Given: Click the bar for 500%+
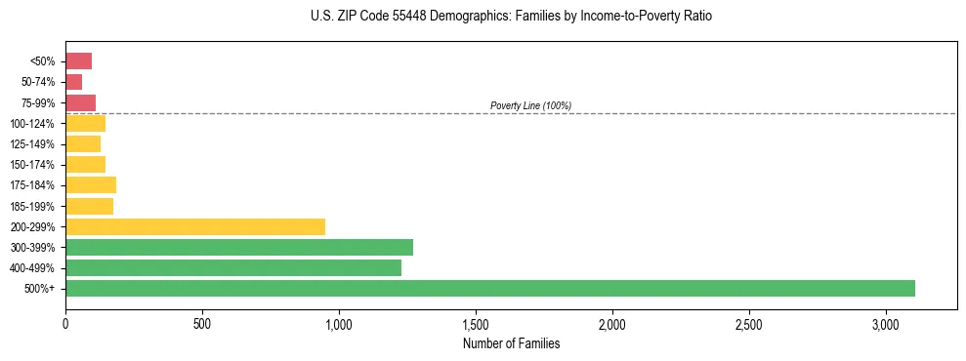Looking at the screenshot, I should click(490, 288).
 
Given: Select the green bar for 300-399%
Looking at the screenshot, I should click(239, 247).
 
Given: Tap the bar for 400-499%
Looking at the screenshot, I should click(233, 267).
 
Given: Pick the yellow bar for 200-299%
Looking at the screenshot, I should click(195, 226).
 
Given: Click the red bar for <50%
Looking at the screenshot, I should click(78, 61).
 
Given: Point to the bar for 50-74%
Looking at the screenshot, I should click(73, 82).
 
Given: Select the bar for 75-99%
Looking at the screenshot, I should click(80, 102).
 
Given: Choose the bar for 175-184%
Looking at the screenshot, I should click(91, 184).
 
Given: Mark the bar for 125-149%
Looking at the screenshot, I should click(83, 143).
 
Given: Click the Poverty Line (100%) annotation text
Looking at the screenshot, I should click(530, 105).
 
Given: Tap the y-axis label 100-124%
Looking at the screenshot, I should click(32, 124).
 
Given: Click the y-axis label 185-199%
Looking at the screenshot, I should click(32, 206).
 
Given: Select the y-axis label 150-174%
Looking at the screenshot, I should click(32, 165).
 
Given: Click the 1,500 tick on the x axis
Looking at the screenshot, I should click(476, 324).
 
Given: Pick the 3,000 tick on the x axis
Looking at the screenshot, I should click(885, 324).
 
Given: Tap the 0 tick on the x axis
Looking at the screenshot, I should click(65, 324).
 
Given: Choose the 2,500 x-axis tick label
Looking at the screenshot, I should click(748, 324).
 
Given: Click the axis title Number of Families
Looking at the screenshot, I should click(511, 343).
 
